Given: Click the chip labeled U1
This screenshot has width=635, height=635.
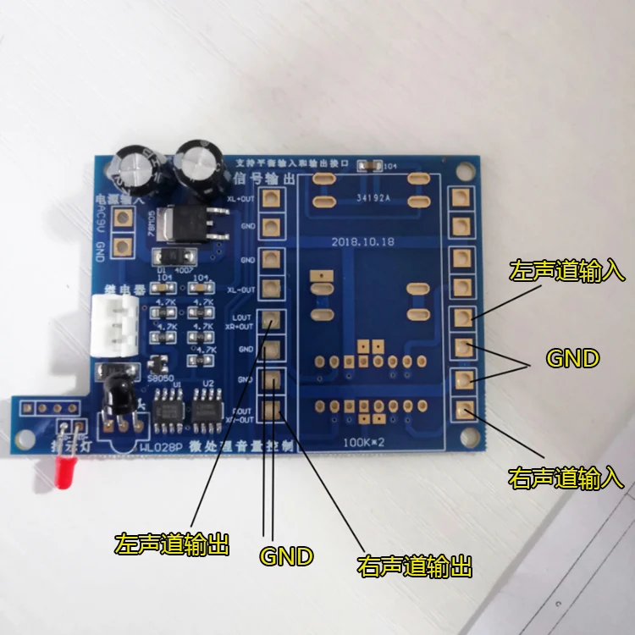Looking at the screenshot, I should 162,408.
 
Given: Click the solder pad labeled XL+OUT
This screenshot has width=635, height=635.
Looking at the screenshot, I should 271,199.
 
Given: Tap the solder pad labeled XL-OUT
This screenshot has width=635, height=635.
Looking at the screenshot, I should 271,289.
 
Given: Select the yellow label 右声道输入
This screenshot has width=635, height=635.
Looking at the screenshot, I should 566,478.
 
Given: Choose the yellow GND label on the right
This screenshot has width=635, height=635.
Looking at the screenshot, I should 572,359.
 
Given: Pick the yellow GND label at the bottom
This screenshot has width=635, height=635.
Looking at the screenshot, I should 286,556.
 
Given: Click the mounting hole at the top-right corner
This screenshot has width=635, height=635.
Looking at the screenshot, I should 461,172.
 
